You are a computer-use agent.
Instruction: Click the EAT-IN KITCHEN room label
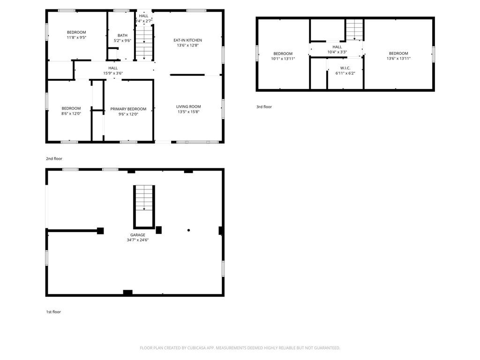[187, 40]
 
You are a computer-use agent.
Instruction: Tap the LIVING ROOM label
[188, 106]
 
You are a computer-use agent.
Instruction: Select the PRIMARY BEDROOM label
[128, 109]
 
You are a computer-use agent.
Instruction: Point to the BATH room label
[122, 36]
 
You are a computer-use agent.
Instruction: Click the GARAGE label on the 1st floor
[138, 235]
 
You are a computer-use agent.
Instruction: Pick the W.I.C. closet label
[345, 68]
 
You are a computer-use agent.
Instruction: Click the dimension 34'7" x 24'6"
[138, 240]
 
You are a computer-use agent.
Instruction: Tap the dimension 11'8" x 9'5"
[76, 37]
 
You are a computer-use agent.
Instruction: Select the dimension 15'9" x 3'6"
[113, 73]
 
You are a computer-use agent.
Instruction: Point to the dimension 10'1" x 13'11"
[283, 59]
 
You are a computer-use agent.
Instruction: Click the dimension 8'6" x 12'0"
[71, 113]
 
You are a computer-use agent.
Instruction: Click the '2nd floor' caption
[54, 158]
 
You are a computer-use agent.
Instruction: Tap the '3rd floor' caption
[264, 107]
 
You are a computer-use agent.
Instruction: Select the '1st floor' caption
[53, 312]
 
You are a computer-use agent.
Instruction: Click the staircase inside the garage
[144, 207]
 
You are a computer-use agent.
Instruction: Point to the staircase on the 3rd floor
[354, 30]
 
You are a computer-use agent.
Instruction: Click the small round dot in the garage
[188, 230]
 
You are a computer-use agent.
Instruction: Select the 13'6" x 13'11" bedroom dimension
[398, 59]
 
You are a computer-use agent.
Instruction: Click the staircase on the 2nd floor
[144, 43]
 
